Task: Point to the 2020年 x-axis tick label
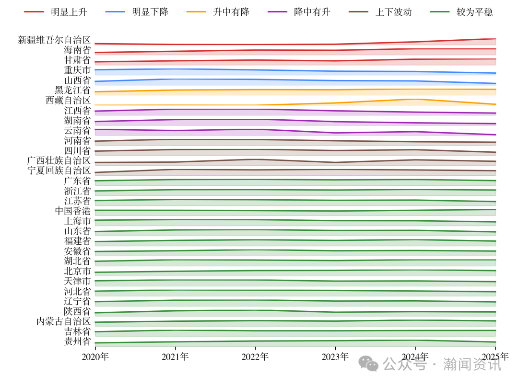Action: click(95, 357)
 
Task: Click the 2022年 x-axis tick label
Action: click(255, 357)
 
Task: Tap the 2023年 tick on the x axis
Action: click(335, 357)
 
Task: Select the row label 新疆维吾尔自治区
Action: click(54, 40)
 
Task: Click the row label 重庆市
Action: click(77, 70)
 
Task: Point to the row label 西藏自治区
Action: click(68, 100)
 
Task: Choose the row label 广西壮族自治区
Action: click(59, 160)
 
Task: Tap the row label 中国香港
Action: click(73, 211)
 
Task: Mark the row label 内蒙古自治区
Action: click(64, 321)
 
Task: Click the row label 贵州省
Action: click(77, 341)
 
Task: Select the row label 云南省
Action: click(77, 130)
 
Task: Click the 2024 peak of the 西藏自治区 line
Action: click(415, 99)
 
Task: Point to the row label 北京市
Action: click(77, 271)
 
